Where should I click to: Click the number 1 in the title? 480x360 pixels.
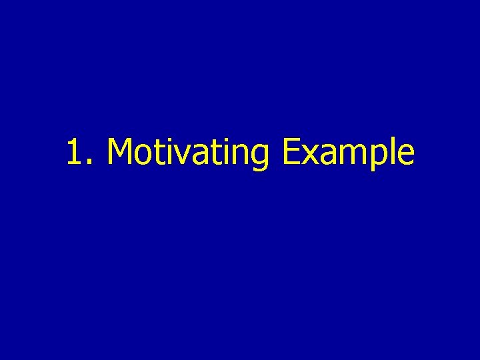tap(75, 151)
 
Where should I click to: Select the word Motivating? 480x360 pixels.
tap(187, 152)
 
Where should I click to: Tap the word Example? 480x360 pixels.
tap(347, 152)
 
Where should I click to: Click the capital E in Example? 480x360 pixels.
tap(291, 151)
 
